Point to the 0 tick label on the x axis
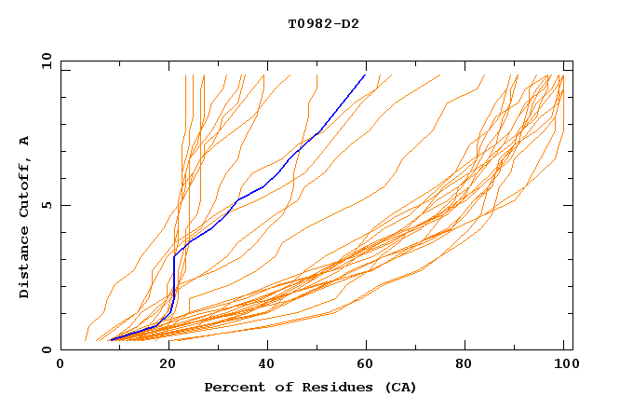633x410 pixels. pyautogui.click(x=61, y=366)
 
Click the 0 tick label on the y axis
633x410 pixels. pyautogui.click(x=47, y=350)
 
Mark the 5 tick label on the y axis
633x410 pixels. pyautogui.click(x=47, y=206)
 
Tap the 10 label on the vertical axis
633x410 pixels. pyautogui.click(x=43, y=61)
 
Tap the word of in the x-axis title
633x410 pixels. pyautogui.click(x=275, y=388)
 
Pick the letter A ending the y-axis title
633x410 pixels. pyautogui.click(x=25, y=141)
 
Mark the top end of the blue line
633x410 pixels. pyautogui.click(x=366, y=75)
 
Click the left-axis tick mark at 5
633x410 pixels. pyautogui.click(x=63, y=206)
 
